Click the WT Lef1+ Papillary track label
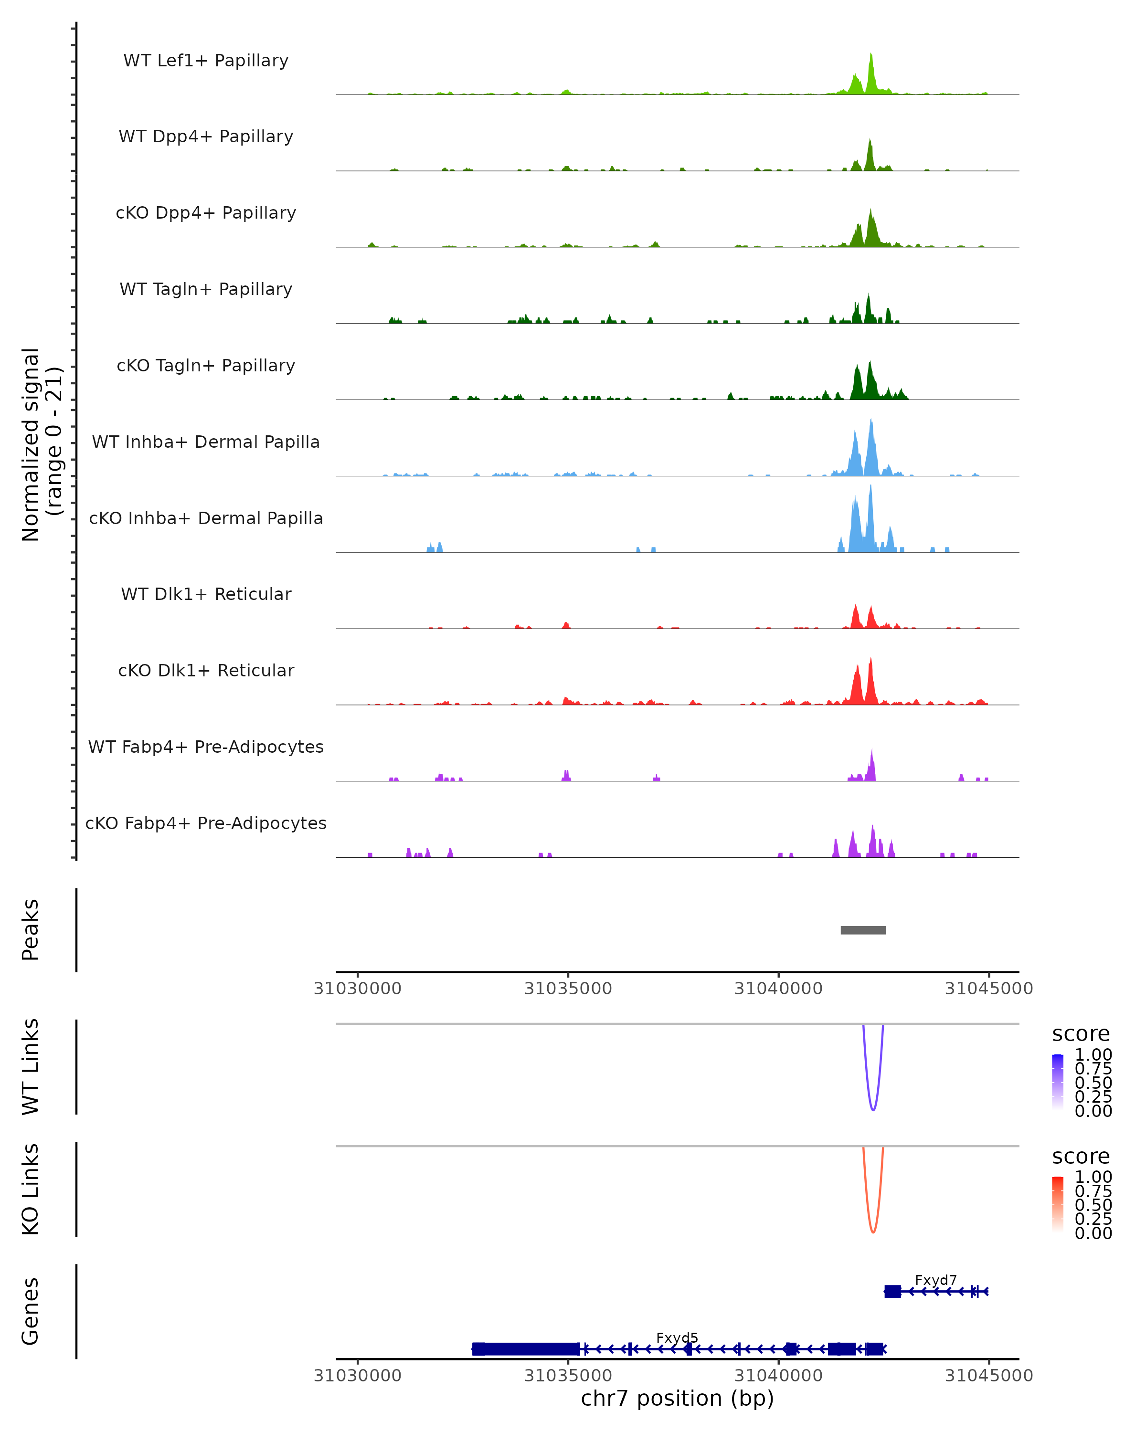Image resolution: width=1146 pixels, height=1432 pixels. pos(206,61)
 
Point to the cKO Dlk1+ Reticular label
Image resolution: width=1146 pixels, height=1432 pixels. pos(206,670)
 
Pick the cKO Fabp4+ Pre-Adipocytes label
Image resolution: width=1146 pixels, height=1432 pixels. pos(206,823)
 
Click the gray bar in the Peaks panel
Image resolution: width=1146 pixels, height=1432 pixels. pos(863,930)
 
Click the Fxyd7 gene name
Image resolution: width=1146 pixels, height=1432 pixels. pos(935,1280)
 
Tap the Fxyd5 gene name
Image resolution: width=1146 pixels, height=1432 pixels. pos(677,1337)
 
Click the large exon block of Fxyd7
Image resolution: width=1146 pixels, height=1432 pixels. pos(892,1291)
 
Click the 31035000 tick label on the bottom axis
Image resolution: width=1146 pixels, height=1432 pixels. pos(568,1376)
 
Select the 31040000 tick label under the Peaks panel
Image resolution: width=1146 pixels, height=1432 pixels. pos(779,989)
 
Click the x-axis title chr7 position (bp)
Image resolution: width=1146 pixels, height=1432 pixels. pos(677,1399)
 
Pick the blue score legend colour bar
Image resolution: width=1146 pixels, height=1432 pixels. pos(1058,1082)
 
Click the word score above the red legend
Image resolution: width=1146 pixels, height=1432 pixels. pos(1081,1157)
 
